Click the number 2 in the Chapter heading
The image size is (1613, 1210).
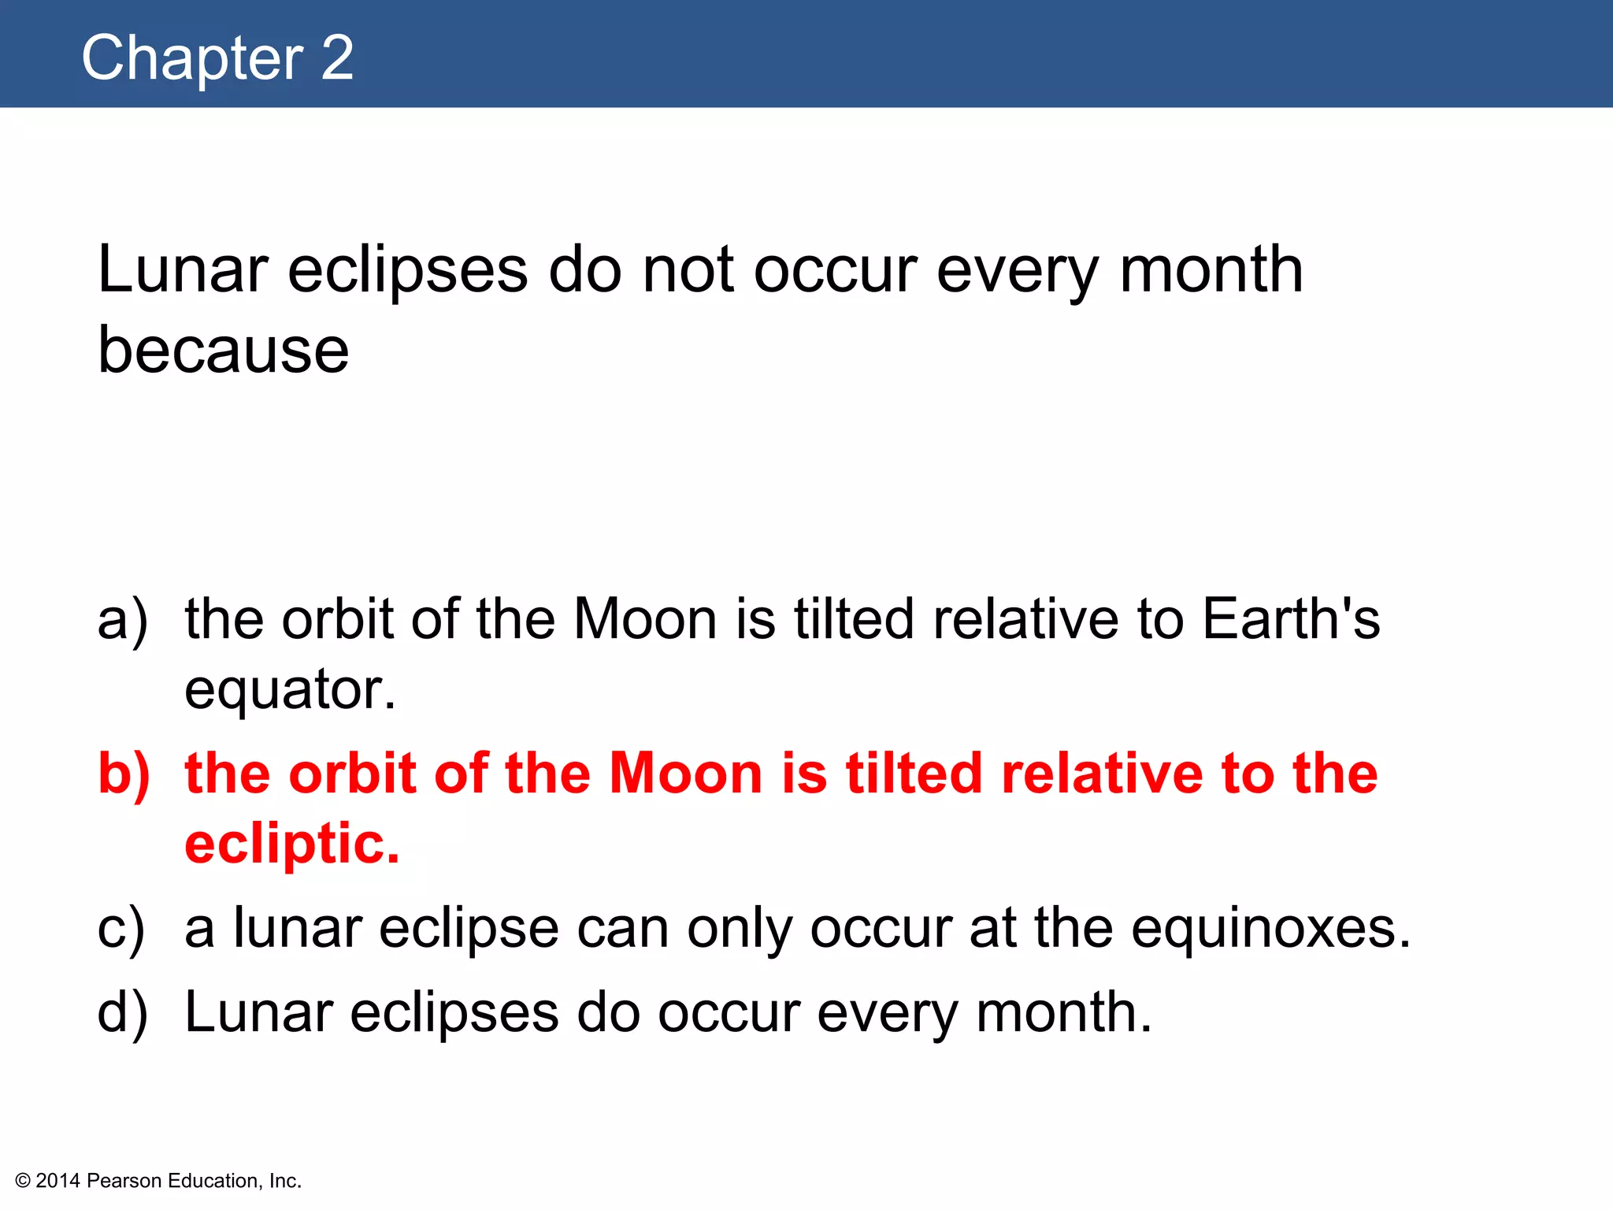[337, 58]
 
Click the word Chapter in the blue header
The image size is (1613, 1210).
[192, 58]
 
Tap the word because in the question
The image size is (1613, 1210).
[223, 351]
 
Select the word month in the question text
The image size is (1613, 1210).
[1211, 270]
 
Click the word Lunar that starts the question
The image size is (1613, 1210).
[183, 270]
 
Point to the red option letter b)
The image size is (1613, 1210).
[124, 774]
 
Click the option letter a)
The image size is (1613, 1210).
[122, 619]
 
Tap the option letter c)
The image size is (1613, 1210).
[121, 929]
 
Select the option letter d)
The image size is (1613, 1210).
[122, 1012]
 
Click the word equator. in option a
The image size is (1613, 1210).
[290, 690]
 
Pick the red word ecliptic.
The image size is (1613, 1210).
[292, 844]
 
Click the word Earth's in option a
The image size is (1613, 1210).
[1291, 619]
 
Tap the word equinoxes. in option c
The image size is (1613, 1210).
[1270, 929]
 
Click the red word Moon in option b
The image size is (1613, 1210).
[686, 774]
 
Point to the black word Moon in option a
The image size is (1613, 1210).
[645, 619]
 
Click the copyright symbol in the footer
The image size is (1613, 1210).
[23, 1181]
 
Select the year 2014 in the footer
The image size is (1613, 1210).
[58, 1181]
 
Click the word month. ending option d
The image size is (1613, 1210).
[1064, 1012]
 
